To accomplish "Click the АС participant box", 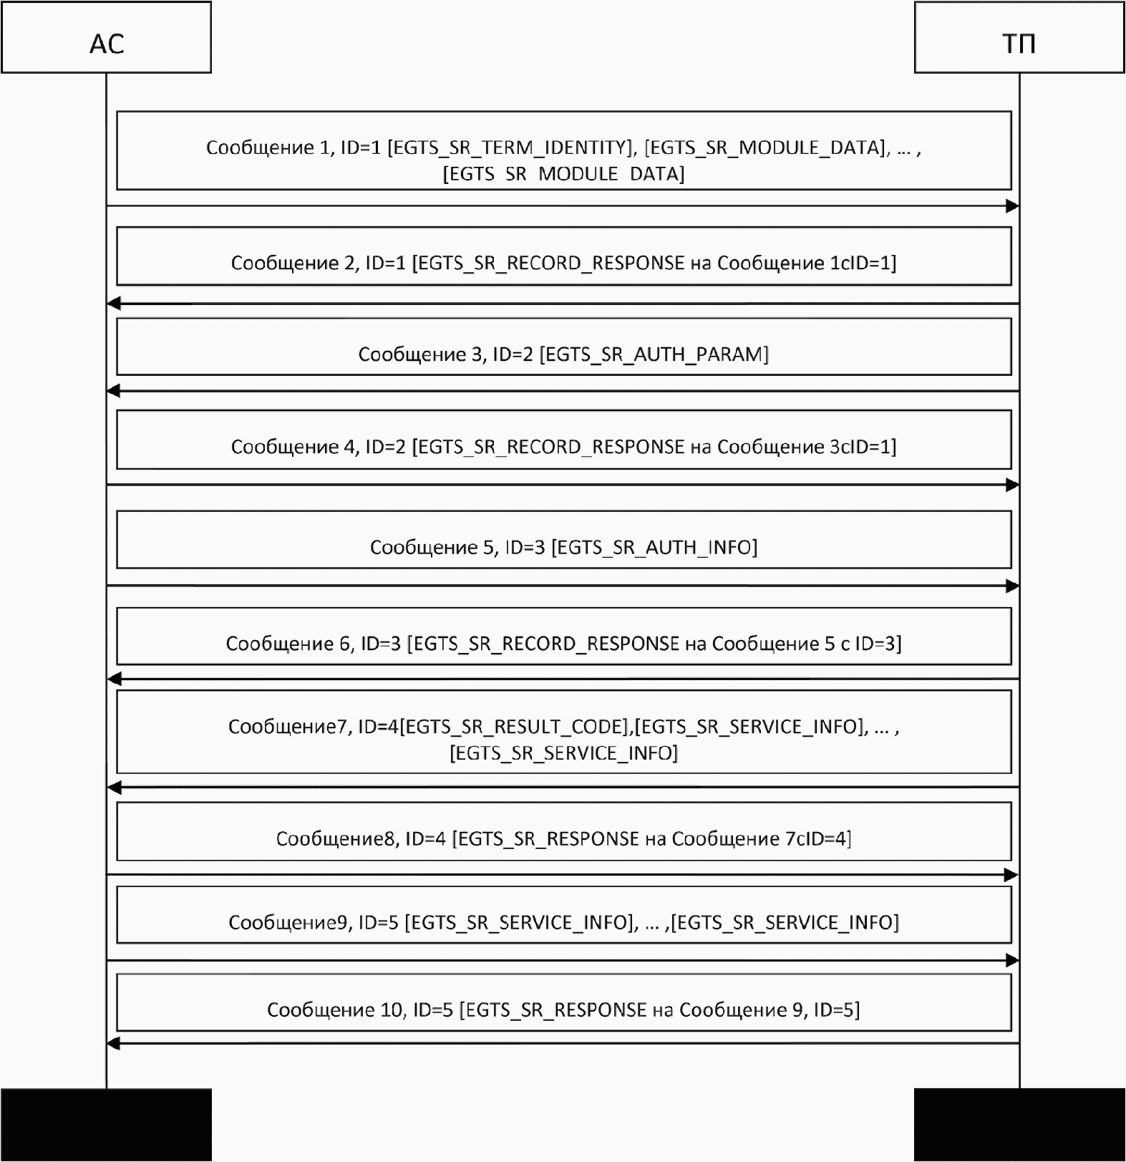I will pyautogui.click(x=106, y=38).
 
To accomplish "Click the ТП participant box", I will pyautogui.click(x=1019, y=38).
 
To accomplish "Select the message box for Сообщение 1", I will pyautogui.click(x=563, y=150).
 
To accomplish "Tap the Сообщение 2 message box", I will pyautogui.click(x=563, y=256).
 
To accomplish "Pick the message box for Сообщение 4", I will pyautogui.click(x=563, y=440).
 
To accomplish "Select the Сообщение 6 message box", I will pyautogui.click(x=563, y=636).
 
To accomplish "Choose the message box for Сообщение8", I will pyautogui.click(x=563, y=831).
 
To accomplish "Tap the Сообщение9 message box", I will pyautogui.click(x=563, y=915).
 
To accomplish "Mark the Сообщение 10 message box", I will pyautogui.click(x=563, y=1002).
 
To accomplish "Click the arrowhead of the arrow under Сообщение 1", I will pyautogui.click(x=1012, y=206).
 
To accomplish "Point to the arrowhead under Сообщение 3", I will pyautogui.click(x=113, y=391).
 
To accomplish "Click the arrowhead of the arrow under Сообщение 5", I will pyautogui.click(x=1012, y=586).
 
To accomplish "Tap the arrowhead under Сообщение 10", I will pyautogui.click(x=113, y=1044).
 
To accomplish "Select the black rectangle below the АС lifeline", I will pyautogui.click(x=106, y=1125).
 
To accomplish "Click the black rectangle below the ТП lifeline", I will pyautogui.click(x=1019, y=1125).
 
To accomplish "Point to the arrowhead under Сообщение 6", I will pyautogui.click(x=113, y=679).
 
